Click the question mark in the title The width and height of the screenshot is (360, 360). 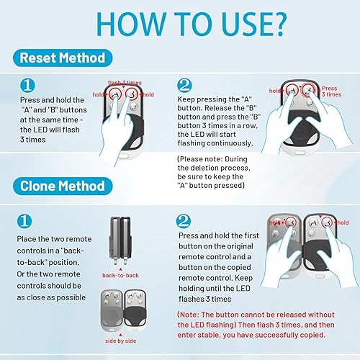point(278,24)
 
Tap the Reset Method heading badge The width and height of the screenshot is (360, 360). point(63,58)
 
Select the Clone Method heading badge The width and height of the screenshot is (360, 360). point(63,186)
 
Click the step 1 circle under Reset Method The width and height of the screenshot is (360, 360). point(27,86)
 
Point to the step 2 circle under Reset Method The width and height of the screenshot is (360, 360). point(184,86)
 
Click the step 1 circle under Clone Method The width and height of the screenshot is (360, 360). point(24,221)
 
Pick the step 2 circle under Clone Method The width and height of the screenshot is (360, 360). point(184,221)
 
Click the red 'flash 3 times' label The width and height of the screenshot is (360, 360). point(125,83)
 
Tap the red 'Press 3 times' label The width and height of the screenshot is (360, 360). point(331,91)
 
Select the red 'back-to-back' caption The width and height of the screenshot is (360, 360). point(120,275)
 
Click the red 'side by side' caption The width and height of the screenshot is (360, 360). point(120,341)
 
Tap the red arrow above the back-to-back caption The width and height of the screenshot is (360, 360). point(120,270)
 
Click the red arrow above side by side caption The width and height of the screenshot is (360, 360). point(120,335)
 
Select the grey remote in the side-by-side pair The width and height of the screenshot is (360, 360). point(112,310)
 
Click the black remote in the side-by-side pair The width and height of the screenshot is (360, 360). point(135,310)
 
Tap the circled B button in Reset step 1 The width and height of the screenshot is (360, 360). point(132,94)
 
